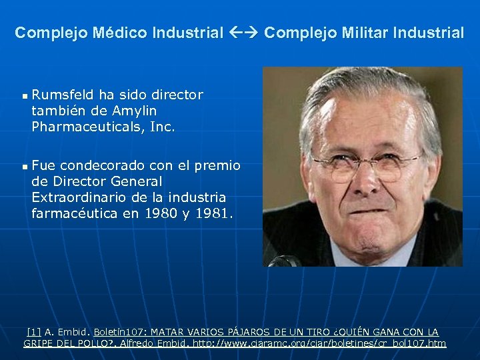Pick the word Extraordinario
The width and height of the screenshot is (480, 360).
[x=78, y=197]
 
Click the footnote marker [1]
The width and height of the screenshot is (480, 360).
[x=33, y=332]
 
